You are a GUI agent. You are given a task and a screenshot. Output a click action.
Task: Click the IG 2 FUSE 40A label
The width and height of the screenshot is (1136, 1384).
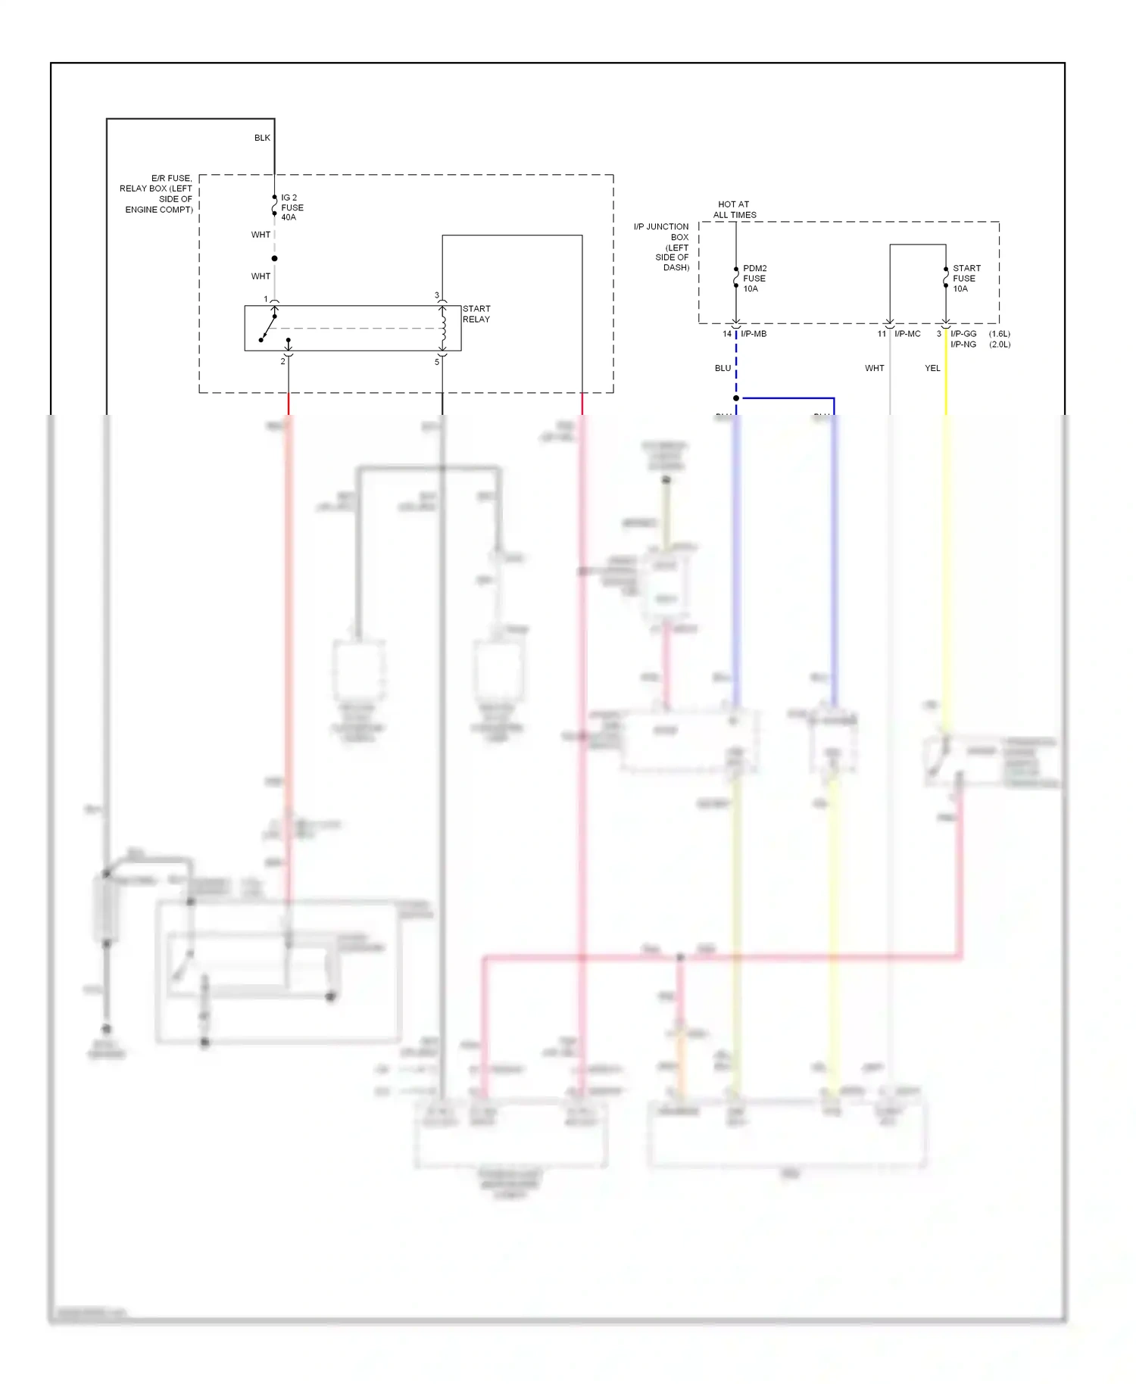coord(292,207)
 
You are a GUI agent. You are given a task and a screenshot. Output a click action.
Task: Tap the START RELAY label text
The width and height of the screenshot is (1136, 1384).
coord(476,314)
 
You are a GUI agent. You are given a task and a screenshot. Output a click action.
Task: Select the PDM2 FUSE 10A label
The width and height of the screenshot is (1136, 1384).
coord(754,279)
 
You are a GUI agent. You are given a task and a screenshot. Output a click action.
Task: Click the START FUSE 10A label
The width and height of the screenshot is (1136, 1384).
coord(966,279)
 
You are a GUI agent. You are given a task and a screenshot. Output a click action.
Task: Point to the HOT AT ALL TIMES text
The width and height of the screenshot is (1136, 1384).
coord(734,210)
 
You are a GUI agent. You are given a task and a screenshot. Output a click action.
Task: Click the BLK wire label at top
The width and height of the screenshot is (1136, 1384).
coord(262,138)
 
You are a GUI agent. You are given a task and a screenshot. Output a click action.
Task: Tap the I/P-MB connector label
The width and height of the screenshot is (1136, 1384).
coord(754,334)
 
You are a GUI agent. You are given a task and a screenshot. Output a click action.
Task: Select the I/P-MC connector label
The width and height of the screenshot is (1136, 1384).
coord(907,334)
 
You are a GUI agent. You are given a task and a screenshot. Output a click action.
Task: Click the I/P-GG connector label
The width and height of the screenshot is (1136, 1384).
coord(963,334)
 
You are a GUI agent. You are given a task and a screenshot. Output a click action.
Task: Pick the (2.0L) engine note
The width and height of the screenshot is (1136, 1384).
coord(1000,344)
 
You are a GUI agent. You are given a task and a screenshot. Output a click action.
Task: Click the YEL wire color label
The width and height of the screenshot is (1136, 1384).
coord(932,369)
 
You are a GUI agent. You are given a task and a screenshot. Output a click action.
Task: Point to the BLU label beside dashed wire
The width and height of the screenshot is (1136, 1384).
coord(722,369)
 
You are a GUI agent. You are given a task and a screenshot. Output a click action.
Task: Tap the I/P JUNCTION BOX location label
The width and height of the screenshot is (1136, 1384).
coord(662,247)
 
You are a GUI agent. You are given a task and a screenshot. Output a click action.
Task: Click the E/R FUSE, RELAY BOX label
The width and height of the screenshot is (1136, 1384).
coord(158,194)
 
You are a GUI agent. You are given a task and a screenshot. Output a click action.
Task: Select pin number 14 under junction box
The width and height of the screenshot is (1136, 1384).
coord(727,334)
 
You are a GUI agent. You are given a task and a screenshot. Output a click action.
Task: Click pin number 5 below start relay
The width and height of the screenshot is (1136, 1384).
coord(437,362)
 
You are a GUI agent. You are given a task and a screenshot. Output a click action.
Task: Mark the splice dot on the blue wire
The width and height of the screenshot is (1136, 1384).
coord(736,398)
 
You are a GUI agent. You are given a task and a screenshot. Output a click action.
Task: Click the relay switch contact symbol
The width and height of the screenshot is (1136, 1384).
coord(268,328)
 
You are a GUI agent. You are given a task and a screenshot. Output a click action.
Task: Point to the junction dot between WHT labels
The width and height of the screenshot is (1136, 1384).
coord(274,258)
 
